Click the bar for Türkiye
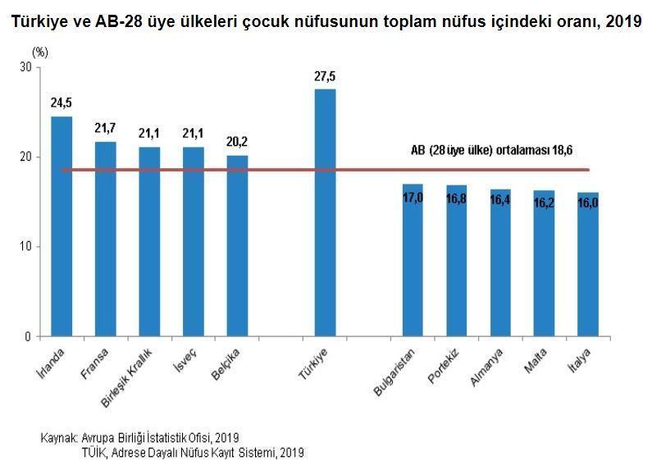coord(325,212)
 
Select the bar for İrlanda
coord(62,226)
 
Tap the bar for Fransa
coord(106,239)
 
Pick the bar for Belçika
coord(237,245)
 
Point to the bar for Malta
coord(545,263)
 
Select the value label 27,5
coord(325,76)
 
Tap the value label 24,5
coord(62,103)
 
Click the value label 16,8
coord(457,198)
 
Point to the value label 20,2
coord(237,142)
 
